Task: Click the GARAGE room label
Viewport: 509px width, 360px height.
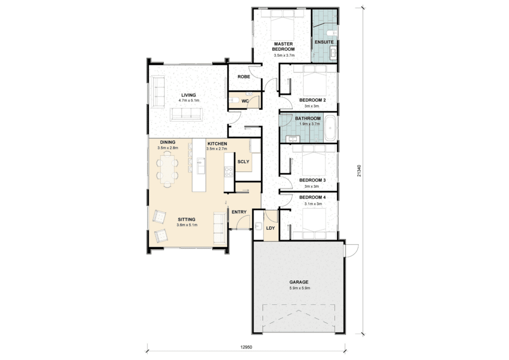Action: pos(299,282)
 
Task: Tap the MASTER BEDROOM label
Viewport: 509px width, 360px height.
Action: pos(283,46)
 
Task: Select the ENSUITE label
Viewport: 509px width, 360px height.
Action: pos(324,42)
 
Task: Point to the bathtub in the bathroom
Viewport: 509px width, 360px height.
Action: pos(330,128)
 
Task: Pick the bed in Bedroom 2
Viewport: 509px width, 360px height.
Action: pos(315,81)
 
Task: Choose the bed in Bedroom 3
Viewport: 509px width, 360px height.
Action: pos(314,161)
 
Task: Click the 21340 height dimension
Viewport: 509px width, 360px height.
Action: pos(359,171)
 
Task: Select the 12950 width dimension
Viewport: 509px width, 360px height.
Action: pos(246,347)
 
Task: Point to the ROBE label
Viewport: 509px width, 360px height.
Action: pos(244,77)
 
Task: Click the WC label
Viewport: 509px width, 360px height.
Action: pos(245,101)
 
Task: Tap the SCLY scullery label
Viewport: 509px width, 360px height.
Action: pos(243,162)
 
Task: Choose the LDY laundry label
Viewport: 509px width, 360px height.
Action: pos(270,228)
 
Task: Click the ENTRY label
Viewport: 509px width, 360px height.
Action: pos(239,212)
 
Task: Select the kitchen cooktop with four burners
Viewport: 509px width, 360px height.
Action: pos(229,172)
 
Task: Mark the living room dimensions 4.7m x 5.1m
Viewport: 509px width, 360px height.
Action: pos(188,100)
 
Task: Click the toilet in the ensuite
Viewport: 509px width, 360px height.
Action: pos(333,33)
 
